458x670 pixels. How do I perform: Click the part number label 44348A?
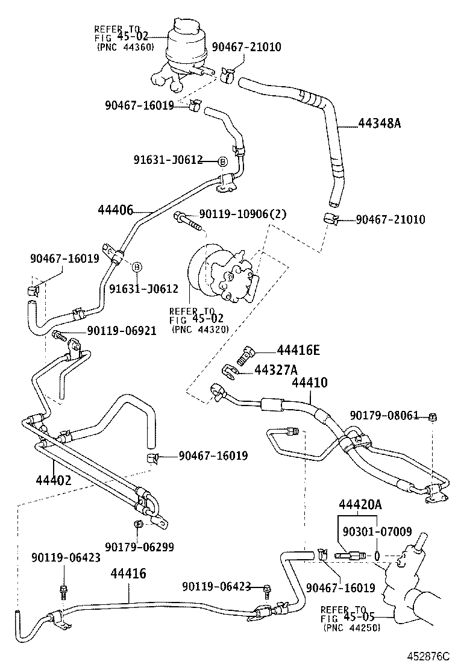pyautogui.click(x=379, y=124)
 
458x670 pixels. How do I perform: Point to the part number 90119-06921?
pyautogui.click(x=122, y=330)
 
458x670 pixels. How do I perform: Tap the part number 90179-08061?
pyautogui.click(x=384, y=416)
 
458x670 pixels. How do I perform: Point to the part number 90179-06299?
pyautogui.click(x=139, y=546)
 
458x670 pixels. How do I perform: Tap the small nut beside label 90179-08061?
pyautogui.click(x=433, y=417)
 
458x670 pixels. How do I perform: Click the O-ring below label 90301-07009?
pyautogui.click(x=377, y=555)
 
